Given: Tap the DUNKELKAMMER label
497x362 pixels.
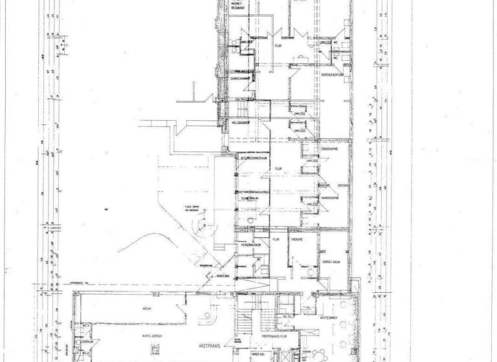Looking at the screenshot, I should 240,78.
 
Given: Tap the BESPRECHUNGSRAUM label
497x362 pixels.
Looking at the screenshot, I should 254,158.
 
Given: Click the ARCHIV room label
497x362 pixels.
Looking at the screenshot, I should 146,308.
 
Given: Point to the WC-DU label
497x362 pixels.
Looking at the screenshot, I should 285,317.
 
